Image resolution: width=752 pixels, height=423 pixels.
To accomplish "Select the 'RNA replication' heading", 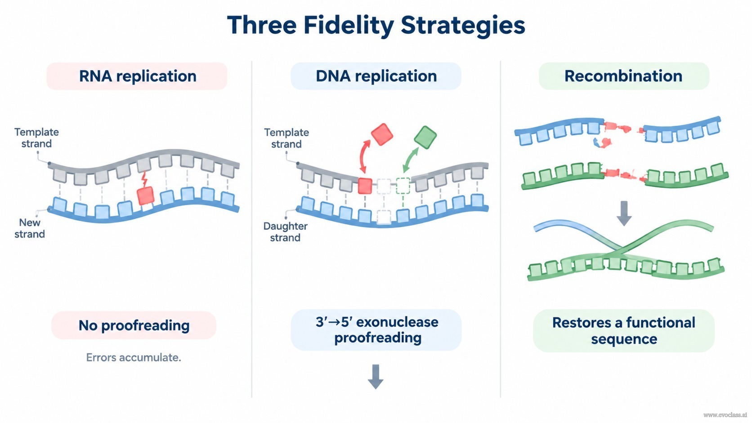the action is [x=137, y=76].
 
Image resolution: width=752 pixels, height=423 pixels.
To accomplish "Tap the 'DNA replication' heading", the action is [x=376, y=76].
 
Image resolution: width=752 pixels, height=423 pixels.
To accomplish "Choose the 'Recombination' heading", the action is [x=624, y=76].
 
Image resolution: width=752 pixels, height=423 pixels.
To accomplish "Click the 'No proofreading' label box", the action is [x=134, y=325].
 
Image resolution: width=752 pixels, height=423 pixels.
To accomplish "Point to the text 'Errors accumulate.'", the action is [x=134, y=357].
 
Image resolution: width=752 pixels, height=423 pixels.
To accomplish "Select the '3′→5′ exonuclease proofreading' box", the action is [x=376, y=330].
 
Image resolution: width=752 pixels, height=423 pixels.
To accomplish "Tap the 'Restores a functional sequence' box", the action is [x=624, y=331].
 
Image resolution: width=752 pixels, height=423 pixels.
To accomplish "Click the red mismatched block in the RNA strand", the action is [x=146, y=196].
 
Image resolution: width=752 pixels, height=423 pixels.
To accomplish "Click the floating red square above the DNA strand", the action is [x=382, y=134].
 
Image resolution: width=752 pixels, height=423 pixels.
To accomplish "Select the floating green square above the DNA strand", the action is [x=425, y=137].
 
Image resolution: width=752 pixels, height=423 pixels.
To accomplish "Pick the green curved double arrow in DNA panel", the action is [x=410, y=160].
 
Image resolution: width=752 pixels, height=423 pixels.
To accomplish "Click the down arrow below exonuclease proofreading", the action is [x=376, y=377].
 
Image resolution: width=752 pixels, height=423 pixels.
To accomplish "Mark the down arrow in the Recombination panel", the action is [x=624, y=214].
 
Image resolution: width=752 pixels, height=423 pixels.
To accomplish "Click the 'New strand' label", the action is [x=30, y=228].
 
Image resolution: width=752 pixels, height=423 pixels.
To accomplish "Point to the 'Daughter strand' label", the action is [x=285, y=232].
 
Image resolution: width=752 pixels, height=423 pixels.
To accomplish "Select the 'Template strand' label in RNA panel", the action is [x=36, y=138].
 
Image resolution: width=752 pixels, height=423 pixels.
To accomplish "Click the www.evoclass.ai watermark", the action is [x=725, y=415].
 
